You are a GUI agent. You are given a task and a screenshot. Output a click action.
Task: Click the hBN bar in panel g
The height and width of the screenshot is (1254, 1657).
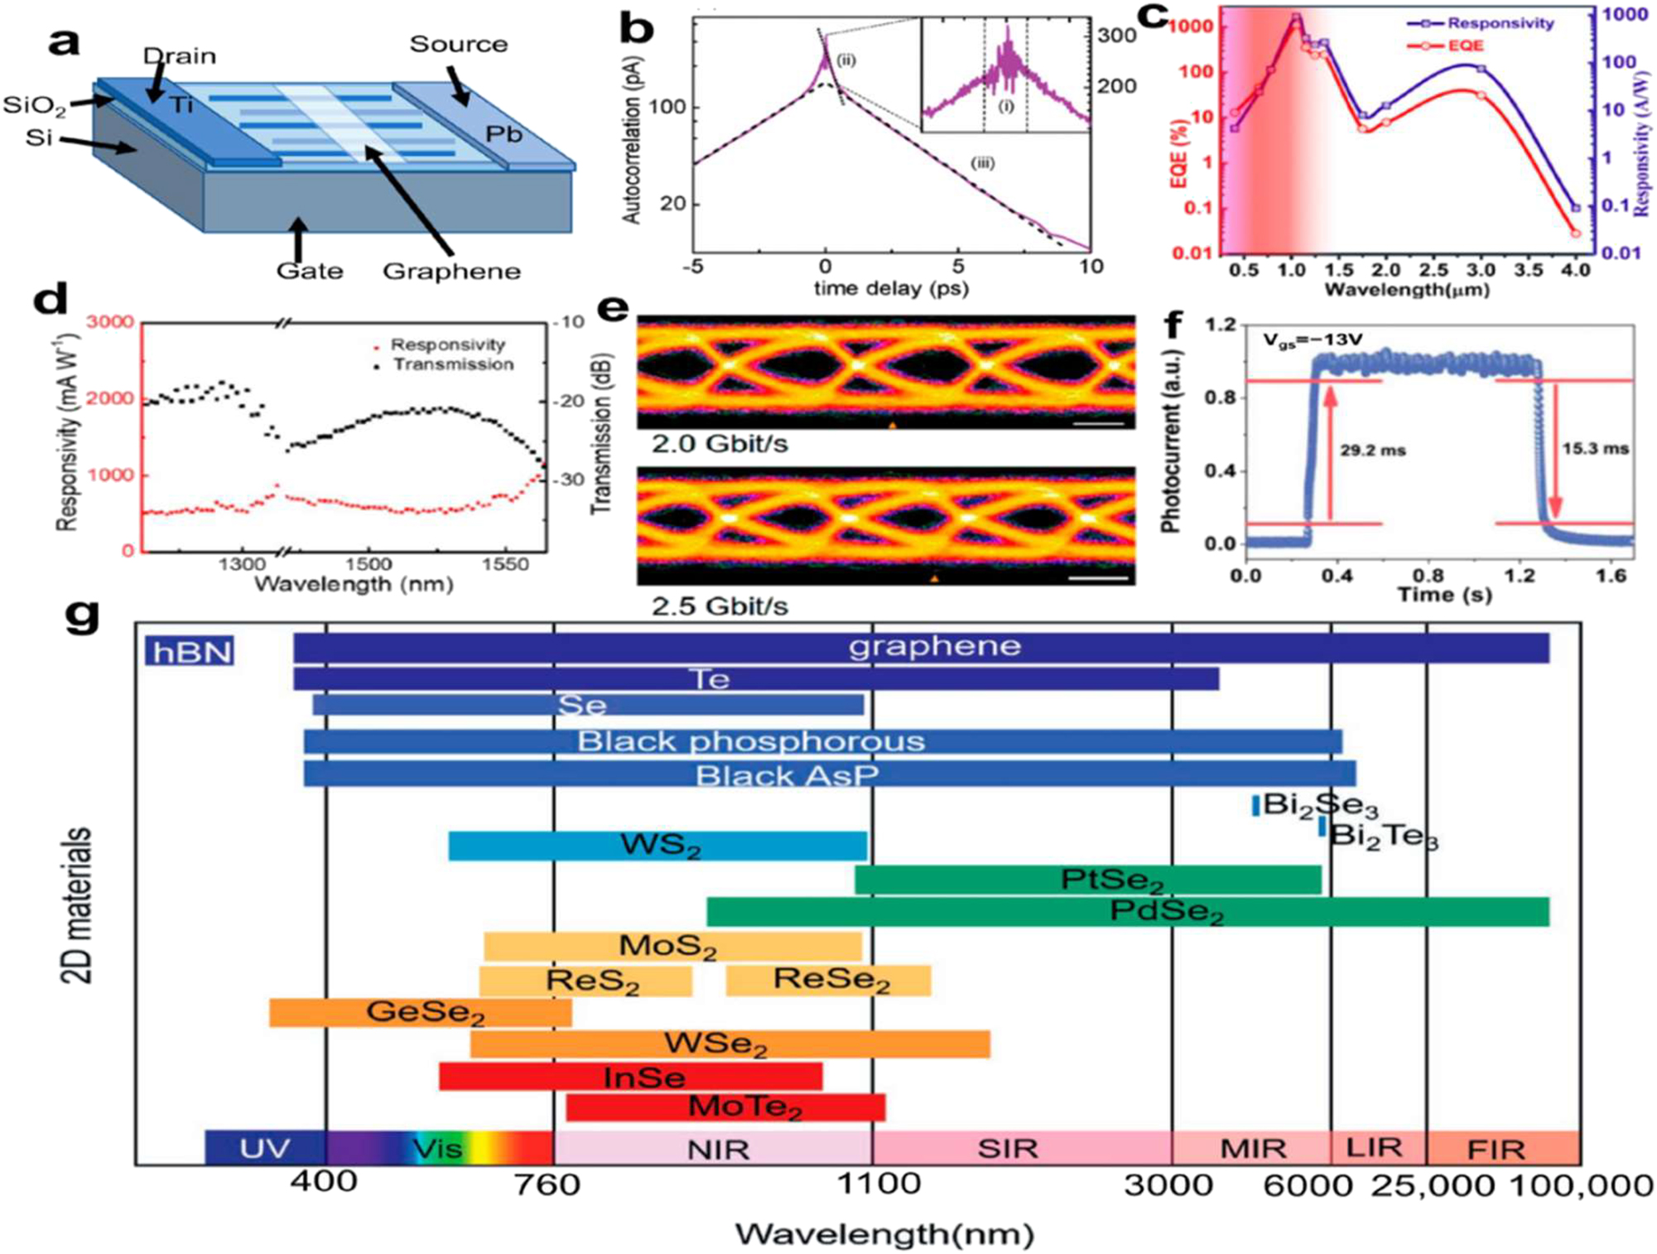point(190,651)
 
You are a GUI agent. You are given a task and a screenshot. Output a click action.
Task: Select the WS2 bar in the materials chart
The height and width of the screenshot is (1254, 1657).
point(658,846)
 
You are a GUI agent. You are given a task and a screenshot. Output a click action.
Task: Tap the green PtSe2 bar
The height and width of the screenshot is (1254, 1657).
point(1087,880)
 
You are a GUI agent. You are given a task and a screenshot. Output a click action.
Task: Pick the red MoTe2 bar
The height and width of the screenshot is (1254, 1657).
point(725,1107)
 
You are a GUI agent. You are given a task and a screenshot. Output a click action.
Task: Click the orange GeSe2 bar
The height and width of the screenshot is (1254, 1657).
point(421,1012)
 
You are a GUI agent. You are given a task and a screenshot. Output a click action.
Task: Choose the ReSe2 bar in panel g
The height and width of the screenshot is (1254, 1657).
point(829,980)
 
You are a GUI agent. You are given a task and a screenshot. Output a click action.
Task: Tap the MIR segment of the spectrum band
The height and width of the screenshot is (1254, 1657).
point(1252,1149)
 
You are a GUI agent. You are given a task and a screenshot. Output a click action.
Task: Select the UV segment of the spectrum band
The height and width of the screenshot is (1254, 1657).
point(265,1148)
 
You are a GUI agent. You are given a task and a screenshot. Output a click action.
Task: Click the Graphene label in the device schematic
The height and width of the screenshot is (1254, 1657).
point(451,271)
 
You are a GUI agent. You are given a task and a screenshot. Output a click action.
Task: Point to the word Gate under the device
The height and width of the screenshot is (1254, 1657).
point(309,271)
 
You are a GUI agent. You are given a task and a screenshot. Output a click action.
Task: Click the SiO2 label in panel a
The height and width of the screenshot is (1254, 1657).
point(34,106)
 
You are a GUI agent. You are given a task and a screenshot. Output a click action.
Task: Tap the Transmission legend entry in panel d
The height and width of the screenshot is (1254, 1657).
point(452,364)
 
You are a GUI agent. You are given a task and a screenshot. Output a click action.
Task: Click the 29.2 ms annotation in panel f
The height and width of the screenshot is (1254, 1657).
point(1372,451)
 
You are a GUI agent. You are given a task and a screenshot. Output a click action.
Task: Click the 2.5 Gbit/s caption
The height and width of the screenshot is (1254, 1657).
point(719,605)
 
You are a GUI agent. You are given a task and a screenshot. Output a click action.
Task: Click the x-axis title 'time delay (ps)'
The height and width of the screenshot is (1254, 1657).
point(890,288)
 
